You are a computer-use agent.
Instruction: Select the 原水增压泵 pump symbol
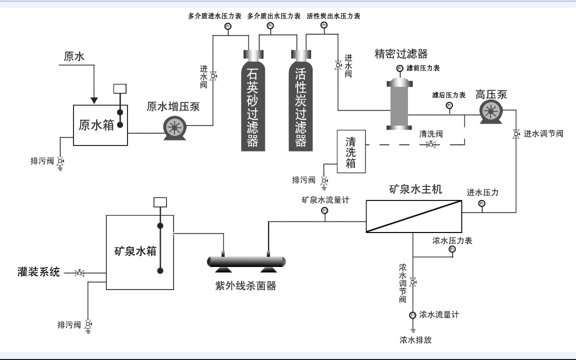coord(174,127)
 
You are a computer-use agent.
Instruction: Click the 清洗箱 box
coord(351,151)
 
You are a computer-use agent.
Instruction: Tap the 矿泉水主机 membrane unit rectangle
coord(413,216)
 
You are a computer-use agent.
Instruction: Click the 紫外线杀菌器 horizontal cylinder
coord(246,261)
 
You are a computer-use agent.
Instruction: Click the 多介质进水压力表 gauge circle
coord(227,26)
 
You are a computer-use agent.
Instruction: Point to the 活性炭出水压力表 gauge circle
coord(324,25)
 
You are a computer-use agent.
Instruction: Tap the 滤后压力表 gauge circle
coord(449,105)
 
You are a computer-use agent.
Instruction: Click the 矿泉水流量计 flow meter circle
coord(324,210)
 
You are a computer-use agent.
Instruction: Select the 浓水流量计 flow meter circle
coord(412,315)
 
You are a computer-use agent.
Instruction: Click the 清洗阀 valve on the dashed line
coord(430,145)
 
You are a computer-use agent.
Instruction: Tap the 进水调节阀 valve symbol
coord(515,134)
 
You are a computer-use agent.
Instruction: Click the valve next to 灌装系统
coord(79,273)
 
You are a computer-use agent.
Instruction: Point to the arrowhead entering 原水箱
coord(94,100)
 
